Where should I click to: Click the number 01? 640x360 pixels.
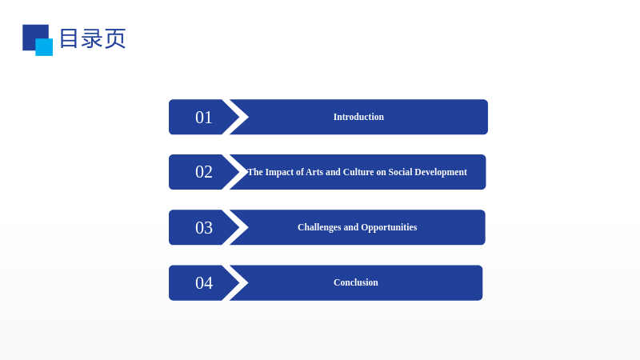tap(204, 118)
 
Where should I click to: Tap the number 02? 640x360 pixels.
tap(204, 172)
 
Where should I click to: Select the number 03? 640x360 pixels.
tap(204, 228)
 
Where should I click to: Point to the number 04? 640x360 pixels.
tap(204, 283)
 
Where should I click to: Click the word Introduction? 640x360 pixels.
tap(358, 117)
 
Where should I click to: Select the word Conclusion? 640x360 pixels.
tap(355, 282)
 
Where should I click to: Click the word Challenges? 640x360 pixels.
tap(319, 227)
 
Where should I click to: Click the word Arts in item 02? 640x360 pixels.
tap(314, 172)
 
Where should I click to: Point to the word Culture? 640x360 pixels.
tap(358, 172)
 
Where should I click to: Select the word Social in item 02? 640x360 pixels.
tap(400, 172)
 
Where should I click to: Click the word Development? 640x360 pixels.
tap(441, 172)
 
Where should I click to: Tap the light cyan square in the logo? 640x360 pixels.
tap(44, 47)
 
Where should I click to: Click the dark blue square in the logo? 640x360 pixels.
tap(33, 34)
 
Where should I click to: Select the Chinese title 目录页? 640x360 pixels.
tap(93, 38)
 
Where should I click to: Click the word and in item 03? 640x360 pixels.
tap(351, 227)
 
